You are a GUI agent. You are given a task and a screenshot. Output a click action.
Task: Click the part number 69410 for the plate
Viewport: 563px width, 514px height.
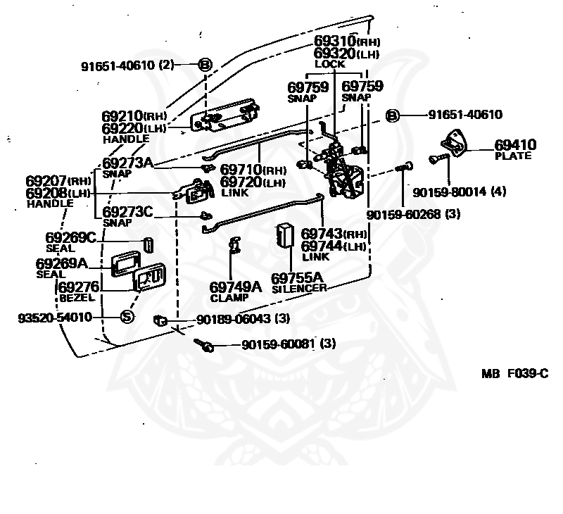click(515, 145)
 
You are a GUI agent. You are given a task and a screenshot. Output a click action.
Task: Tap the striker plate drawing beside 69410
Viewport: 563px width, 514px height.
click(454, 144)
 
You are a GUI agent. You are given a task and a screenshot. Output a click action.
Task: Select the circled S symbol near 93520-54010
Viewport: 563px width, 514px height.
click(127, 317)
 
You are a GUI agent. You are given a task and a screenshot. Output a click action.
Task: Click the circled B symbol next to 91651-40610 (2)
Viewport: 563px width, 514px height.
click(205, 65)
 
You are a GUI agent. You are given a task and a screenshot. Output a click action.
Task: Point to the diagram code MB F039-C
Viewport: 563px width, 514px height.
click(515, 374)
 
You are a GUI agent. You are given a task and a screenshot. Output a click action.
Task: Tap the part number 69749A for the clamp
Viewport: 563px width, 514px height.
click(236, 287)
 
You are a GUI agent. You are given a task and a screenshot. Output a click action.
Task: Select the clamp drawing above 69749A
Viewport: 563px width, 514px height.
click(235, 244)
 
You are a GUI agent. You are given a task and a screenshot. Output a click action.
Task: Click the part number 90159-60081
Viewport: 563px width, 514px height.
click(278, 344)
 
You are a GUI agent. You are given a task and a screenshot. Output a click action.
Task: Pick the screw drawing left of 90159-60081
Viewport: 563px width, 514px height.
click(203, 345)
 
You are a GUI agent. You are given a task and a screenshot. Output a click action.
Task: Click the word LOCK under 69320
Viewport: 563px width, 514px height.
click(330, 64)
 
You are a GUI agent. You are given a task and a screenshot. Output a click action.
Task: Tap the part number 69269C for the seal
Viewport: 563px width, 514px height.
click(71, 237)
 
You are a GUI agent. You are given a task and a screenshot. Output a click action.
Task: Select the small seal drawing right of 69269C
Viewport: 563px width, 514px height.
click(148, 245)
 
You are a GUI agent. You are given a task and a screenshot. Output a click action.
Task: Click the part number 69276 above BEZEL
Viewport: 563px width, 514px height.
click(79, 287)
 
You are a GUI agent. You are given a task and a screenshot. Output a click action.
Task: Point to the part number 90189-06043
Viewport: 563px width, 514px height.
click(234, 318)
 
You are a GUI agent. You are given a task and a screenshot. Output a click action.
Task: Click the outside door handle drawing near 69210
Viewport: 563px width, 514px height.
click(224, 115)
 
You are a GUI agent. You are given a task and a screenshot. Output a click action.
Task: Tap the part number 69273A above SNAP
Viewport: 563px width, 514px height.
click(127, 163)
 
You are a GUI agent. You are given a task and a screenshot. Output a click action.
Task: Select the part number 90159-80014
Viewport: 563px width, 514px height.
click(450, 192)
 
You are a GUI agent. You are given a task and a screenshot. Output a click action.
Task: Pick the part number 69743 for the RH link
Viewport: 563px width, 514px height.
click(322, 234)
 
